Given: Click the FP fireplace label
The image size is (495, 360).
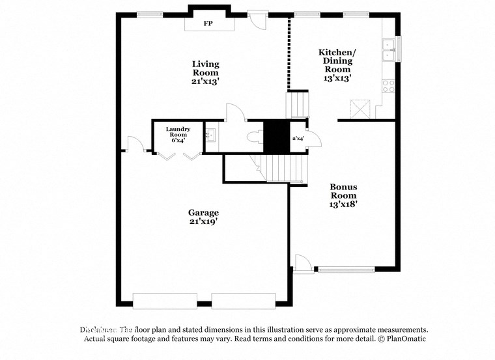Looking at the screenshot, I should (x=208, y=24).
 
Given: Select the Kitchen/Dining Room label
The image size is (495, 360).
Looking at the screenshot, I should (x=337, y=64).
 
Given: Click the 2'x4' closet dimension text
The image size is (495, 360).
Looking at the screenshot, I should (x=298, y=139).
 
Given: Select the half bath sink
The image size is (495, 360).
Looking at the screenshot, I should (x=211, y=136).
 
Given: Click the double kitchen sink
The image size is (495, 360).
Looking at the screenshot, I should (x=389, y=49).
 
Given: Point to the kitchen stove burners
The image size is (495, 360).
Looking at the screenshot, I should (x=389, y=85).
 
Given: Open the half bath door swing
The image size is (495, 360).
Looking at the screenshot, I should (x=234, y=113).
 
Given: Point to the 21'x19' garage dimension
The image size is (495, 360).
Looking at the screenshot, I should (x=203, y=222).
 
